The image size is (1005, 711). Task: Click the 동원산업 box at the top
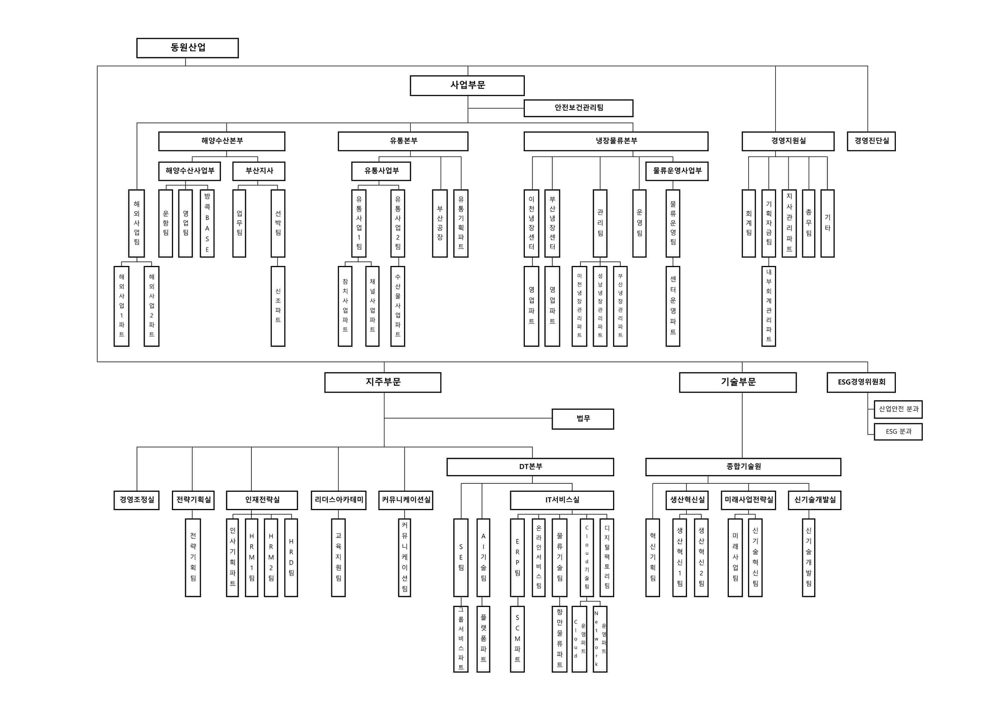[187, 48]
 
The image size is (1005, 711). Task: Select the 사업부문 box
[467, 85]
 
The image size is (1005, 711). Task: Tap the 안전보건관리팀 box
[578, 108]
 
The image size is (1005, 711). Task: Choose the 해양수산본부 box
[221, 141]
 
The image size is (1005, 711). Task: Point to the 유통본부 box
[403, 141]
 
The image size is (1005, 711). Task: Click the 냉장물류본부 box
[615, 141]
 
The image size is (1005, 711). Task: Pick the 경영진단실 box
[871, 141]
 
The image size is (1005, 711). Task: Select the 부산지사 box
[259, 171]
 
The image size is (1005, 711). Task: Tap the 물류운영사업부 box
[677, 171]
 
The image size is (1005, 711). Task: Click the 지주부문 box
[382, 382]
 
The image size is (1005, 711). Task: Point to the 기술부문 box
[737, 382]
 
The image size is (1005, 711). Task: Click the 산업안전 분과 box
[898, 409]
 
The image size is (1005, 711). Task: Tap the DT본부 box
[530, 467]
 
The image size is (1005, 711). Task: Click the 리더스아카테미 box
[338, 500]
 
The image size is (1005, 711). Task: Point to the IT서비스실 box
[562, 500]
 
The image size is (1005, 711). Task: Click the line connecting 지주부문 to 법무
[468, 418]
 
